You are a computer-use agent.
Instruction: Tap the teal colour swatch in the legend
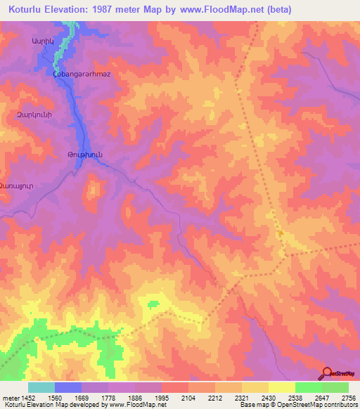tap(41, 387)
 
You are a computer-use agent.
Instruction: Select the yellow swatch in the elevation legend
tap(281, 387)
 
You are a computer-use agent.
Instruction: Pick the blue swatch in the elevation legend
tap(68, 387)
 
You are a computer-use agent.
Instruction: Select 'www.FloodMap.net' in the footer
tap(136, 405)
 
